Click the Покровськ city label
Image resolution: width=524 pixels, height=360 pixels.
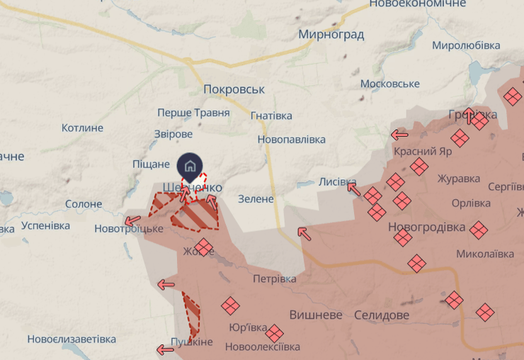pos(234,90)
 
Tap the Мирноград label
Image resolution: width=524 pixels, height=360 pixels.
pos(331,34)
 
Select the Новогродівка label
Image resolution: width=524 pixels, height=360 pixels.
pos(426,227)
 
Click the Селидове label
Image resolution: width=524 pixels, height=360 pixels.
pos(382,314)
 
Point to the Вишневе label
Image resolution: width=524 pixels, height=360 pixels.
pos(316,314)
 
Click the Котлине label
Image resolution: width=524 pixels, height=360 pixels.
pos(82,128)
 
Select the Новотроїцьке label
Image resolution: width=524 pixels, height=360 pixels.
pos(129,229)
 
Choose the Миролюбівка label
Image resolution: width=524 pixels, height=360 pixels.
pos(465,45)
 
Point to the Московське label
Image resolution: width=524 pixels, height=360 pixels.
pos(390,84)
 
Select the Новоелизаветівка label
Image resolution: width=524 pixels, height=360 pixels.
pos(72,339)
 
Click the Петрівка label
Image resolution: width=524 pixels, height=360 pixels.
pos(275,279)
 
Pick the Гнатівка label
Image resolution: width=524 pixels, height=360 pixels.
pos(271,116)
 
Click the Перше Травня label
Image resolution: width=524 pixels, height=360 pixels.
pos(193,113)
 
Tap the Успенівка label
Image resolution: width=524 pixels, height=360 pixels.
pos(46,225)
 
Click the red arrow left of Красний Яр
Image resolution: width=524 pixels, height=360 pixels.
pos(399,134)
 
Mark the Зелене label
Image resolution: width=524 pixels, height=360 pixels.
pos(256,199)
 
